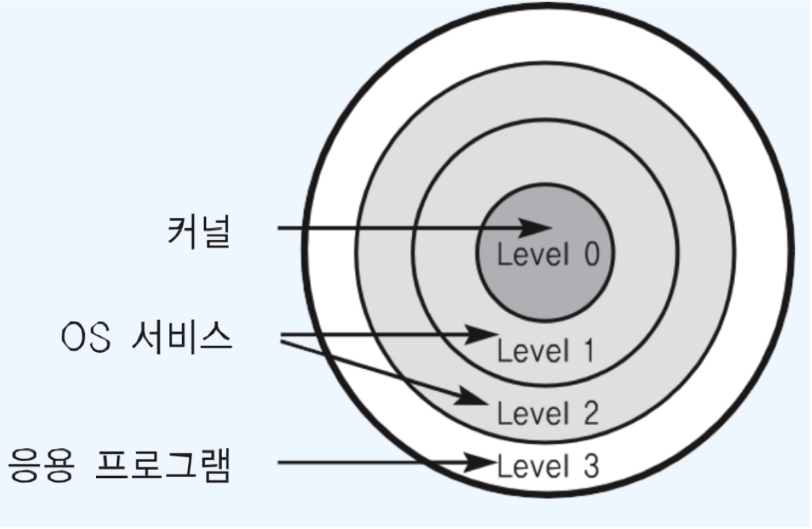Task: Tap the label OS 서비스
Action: [x=146, y=339]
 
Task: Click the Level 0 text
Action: [x=548, y=255]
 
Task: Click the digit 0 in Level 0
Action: [x=590, y=255]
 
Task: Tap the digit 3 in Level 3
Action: [x=590, y=467]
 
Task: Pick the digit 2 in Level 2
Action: [x=589, y=414]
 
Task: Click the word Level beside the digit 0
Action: [x=532, y=255]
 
